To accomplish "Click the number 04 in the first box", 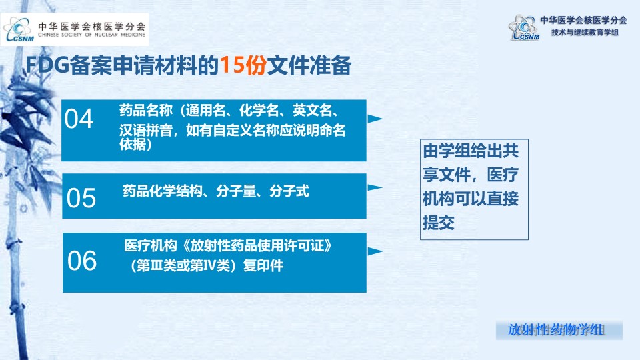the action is tap(79, 119).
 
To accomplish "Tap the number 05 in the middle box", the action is tap(81, 199).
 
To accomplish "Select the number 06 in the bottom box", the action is tap(82, 261).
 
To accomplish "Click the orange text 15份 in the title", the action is tap(243, 65).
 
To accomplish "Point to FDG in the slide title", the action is tap(47, 65).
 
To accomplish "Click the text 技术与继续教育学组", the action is tap(585, 33).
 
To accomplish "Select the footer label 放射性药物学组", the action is tap(556, 330).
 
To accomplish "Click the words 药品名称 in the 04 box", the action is tap(146, 110).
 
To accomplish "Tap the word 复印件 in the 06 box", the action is tap(263, 266).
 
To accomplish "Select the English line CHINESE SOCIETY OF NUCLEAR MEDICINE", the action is tap(91, 35).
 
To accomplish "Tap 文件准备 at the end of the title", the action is tap(309, 65).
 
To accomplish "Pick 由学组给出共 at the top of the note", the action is tap(471, 151).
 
